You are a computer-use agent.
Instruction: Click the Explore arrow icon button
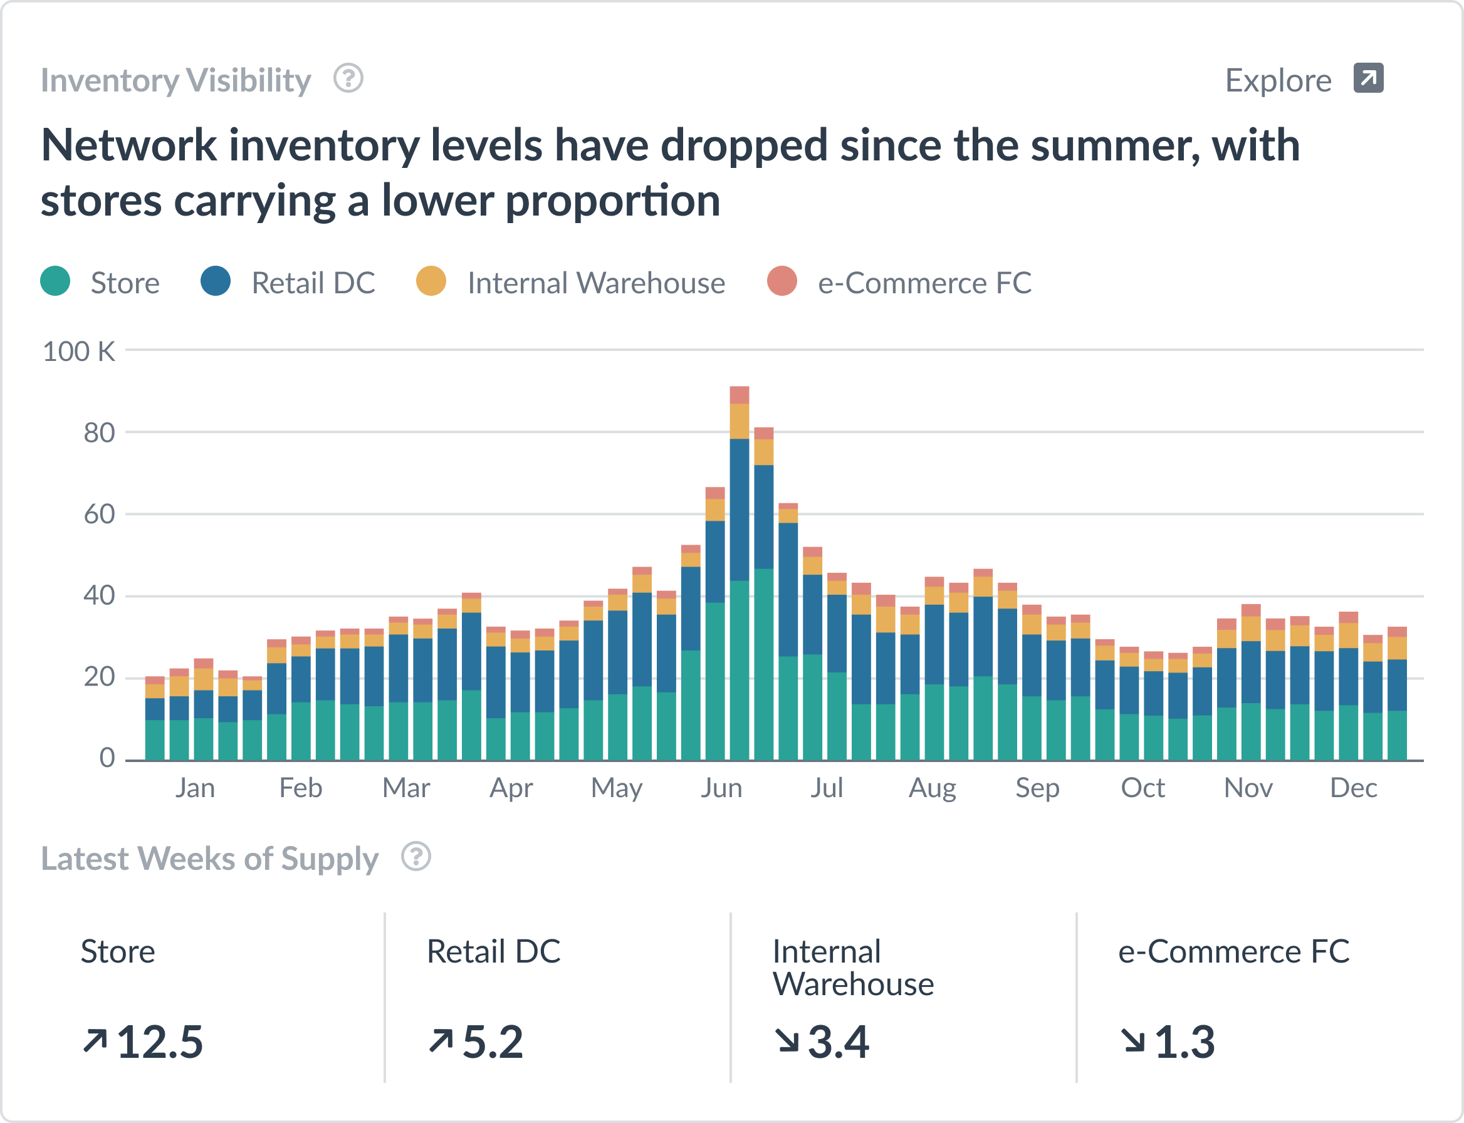[x=1367, y=78]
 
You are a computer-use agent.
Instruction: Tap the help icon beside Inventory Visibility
[x=348, y=78]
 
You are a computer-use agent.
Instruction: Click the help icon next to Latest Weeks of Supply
[x=416, y=856]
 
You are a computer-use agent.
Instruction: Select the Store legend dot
[x=55, y=281]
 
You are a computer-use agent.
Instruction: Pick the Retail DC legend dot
[x=215, y=281]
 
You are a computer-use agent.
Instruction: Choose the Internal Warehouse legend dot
[x=431, y=281]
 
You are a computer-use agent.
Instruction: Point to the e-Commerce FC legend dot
[x=782, y=281]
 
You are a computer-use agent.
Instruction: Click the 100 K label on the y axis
[x=79, y=352]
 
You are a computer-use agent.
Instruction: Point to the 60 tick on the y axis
[x=99, y=514]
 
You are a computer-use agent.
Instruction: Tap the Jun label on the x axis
[x=721, y=788]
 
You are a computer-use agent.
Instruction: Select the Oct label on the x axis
[x=1142, y=788]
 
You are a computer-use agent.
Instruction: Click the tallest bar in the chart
[x=740, y=575]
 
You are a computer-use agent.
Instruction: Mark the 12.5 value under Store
[x=160, y=1042]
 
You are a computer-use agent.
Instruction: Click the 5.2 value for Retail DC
[x=493, y=1042]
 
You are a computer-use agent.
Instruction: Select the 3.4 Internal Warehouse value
[x=839, y=1042]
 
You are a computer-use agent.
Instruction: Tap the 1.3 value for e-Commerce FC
[x=1184, y=1042]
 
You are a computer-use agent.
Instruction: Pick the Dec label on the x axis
[x=1353, y=788]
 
